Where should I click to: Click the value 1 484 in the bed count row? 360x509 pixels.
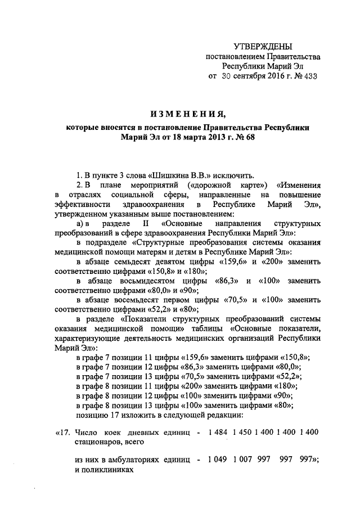pos(219,432)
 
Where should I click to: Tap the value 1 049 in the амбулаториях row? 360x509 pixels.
pos(219,460)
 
